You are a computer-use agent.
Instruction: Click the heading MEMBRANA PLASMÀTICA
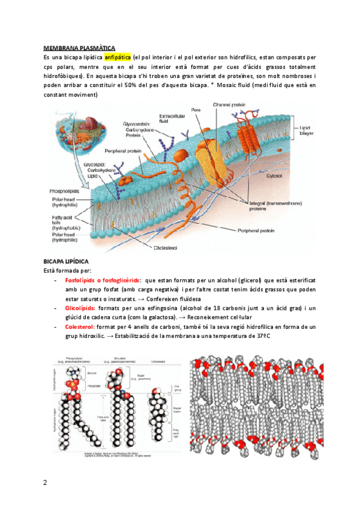click(79, 47)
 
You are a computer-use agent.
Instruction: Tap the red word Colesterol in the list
click(82, 327)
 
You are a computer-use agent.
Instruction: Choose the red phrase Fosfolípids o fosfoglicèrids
click(103, 280)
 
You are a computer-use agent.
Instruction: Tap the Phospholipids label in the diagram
click(64, 191)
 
